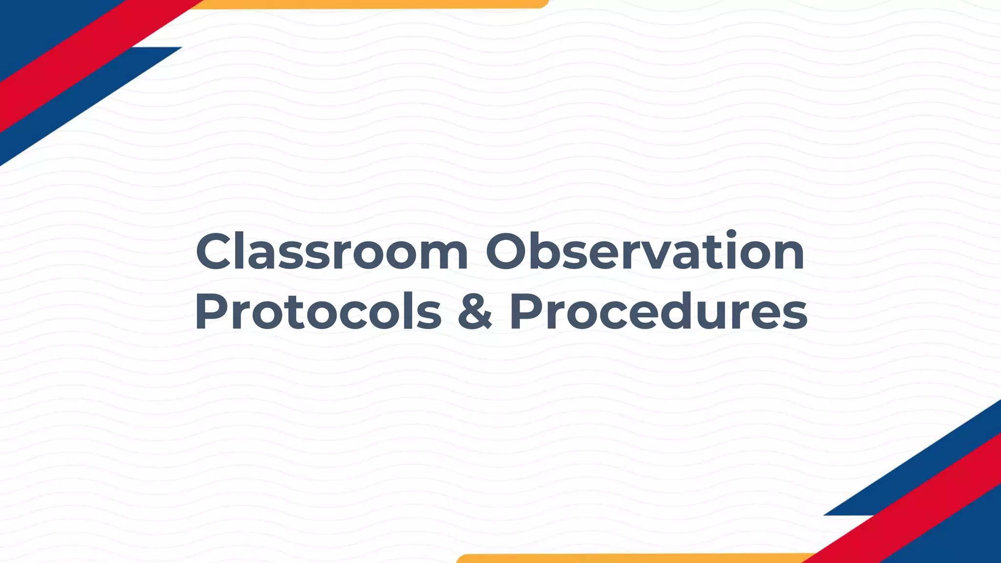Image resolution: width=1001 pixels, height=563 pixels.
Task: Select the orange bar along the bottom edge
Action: pos(635,559)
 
